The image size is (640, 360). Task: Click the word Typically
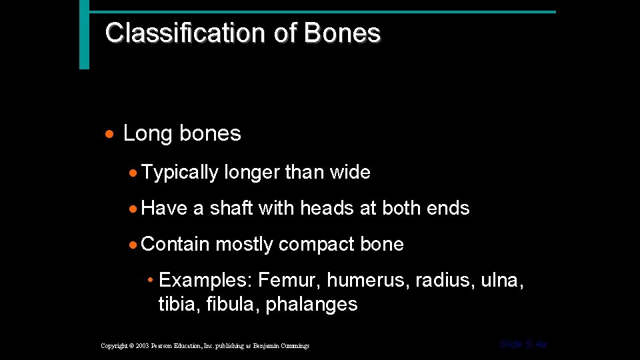(x=180, y=173)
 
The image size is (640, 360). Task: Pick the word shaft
(x=231, y=209)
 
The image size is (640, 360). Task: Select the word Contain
(x=175, y=245)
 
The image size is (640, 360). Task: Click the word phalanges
(x=311, y=305)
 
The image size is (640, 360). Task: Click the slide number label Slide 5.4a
(x=523, y=344)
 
